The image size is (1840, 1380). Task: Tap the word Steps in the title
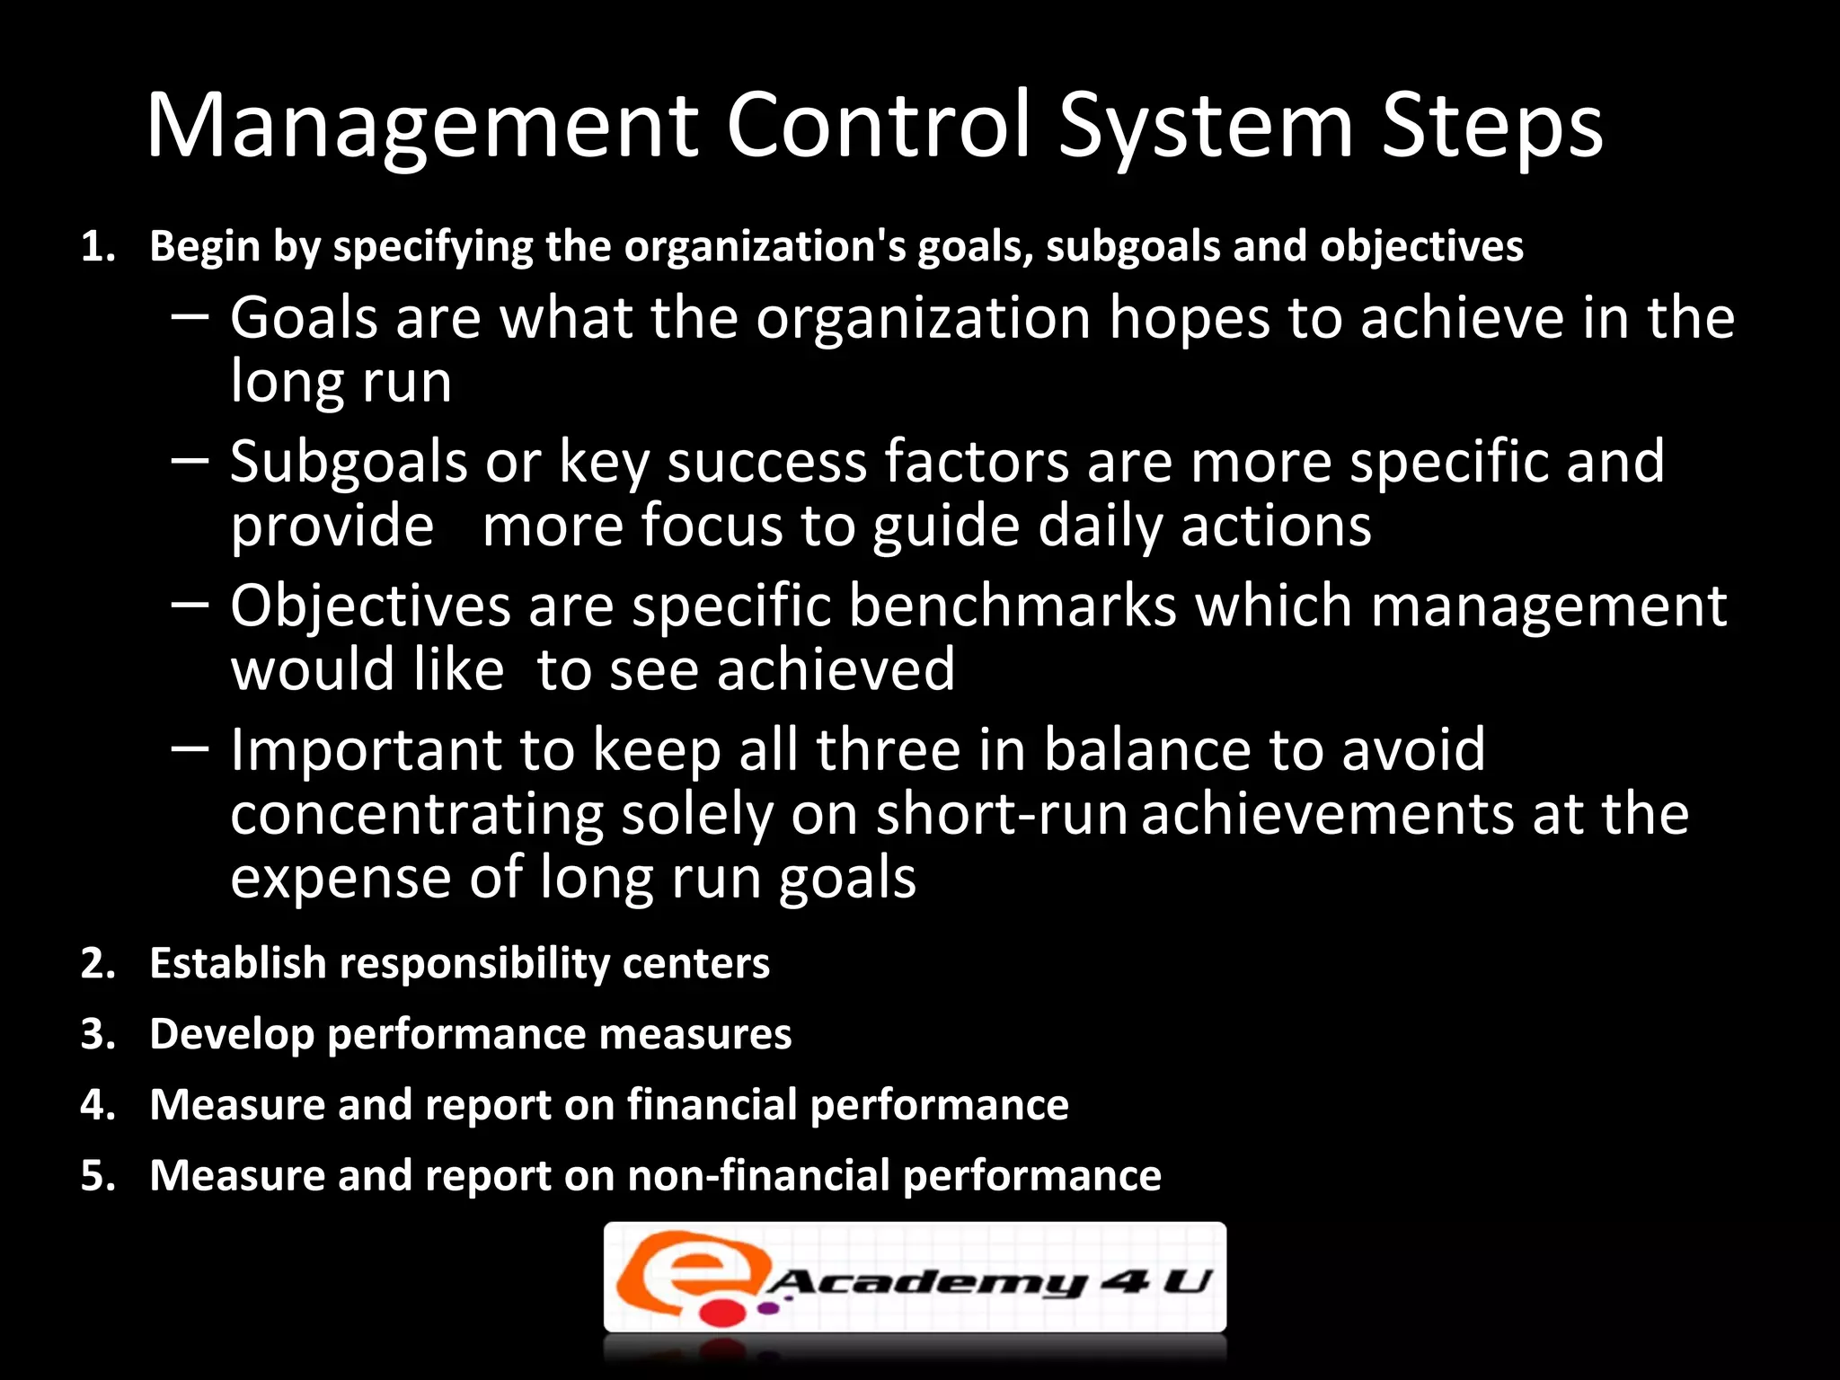pyautogui.click(x=1491, y=128)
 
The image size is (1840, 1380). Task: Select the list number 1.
pyautogui.click(x=98, y=247)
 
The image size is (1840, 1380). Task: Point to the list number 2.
pyautogui.click(x=98, y=964)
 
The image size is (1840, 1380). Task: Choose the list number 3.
pyautogui.click(x=98, y=1034)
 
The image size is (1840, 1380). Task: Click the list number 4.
pyautogui.click(x=98, y=1105)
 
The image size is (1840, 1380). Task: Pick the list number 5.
pyautogui.click(x=98, y=1175)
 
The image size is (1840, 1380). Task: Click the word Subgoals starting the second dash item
pyautogui.click(x=349, y=464)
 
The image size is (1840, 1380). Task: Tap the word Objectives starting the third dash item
pyautogui.click(x=370, y=606)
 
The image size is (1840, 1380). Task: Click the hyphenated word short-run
pyautogui.click(x=1001, y=815)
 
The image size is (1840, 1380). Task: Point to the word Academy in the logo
pyautogui.click(x=925, y=1282)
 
